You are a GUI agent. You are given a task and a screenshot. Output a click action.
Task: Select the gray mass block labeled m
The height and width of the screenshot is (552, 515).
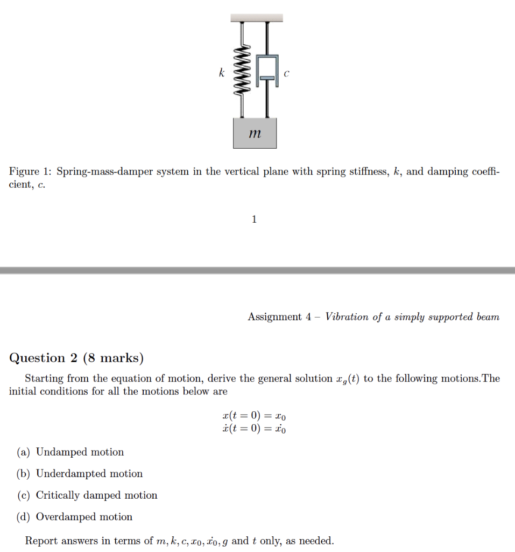pos(255,133)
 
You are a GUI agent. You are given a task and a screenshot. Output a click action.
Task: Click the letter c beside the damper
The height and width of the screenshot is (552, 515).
pos(286,74)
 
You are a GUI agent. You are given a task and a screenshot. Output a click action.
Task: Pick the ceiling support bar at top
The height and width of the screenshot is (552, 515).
pos(257,18)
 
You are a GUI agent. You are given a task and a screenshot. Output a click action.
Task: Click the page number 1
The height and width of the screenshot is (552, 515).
pos(255,219)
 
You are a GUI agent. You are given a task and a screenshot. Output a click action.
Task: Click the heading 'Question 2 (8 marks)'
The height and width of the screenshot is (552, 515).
pos(76,358)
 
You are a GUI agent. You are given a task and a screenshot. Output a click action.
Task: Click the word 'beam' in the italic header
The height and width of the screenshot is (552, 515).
pos(488,317)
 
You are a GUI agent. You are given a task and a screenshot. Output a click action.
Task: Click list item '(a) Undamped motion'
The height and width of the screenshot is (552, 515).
pos(70,452)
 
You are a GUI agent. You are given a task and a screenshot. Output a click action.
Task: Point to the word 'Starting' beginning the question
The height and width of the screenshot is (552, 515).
pos(44,378)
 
